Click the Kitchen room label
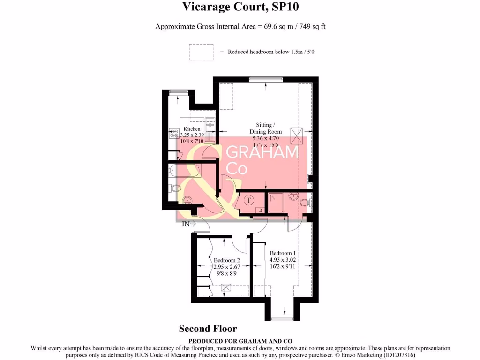pos(192,129)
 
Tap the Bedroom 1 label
pos(282,253)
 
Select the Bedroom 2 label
pos(227,260)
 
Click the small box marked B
pos(261,210)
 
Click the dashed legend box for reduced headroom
pos(201,52)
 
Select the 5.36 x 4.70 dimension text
pos(266,138)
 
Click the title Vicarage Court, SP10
pos(240,7)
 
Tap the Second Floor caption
pos(208,329)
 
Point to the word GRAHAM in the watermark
pos(262,153)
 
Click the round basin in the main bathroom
pos(188,200)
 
